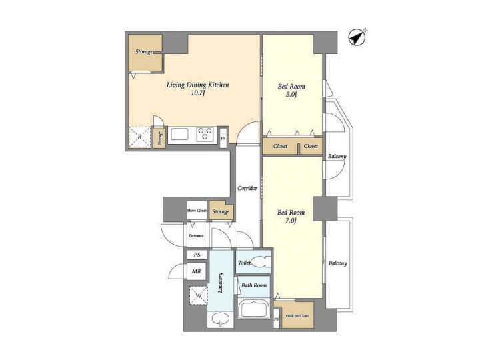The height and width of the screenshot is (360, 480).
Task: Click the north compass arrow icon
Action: [x=359, y=39]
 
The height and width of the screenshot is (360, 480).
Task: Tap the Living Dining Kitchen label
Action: [x=197, y=85]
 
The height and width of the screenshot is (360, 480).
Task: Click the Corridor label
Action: [x=247, y=189]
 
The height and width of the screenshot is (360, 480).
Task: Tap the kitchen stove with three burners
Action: [x=205, y=135]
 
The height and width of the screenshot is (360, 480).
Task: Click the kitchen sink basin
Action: [x=181, y=135]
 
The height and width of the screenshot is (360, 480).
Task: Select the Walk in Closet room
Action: [x=297, y=315]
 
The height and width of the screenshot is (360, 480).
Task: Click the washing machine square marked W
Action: [x=198, y=293]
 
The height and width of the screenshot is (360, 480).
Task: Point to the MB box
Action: [x=197, y=271]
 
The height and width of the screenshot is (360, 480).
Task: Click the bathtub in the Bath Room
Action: [x=253, y=310]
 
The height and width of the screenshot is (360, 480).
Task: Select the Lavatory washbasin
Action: [x=219, y=320]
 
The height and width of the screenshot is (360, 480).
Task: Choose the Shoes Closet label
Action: [x=197, y=211]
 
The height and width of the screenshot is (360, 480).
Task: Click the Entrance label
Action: [x=196, y=235]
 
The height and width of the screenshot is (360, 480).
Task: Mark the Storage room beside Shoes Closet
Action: [x=221, y=211]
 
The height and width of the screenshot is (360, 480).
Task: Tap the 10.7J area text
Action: [x=197, y=95]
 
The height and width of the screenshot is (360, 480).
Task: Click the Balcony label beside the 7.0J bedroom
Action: [x=337, y=263]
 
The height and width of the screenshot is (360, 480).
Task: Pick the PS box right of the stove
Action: [x=223, y=138]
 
